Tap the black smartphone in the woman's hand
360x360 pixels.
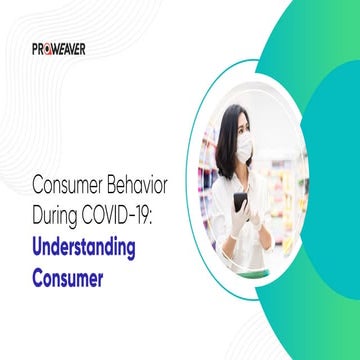point(240,202)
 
